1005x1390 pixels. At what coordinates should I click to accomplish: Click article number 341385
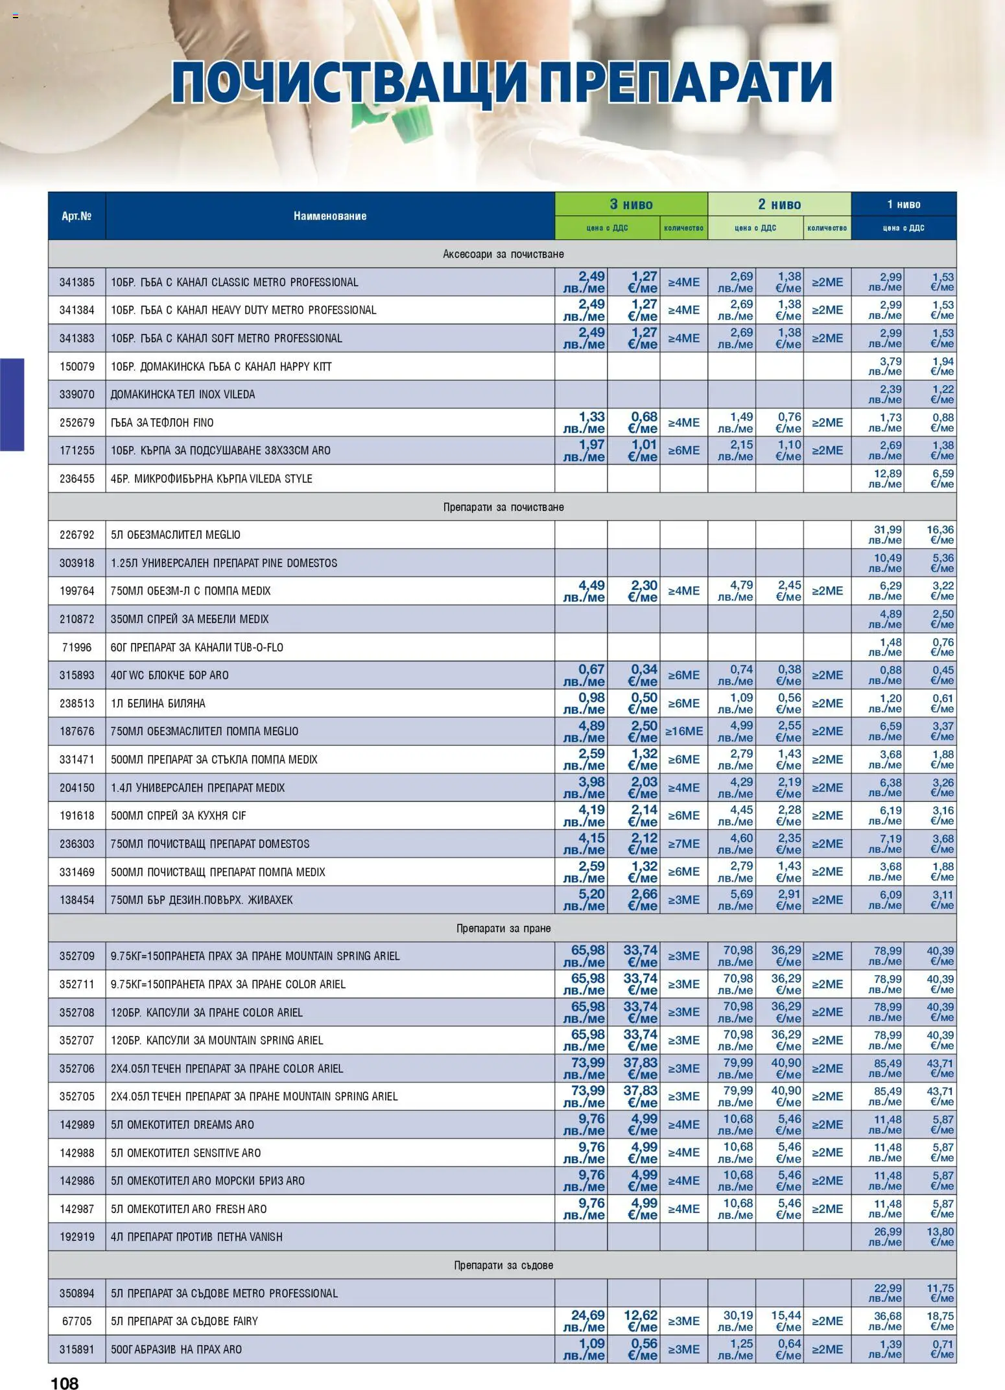coord(77,283)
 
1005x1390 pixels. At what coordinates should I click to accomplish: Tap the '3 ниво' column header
coord(631,204)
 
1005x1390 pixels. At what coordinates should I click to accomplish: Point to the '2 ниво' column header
coord(779,204)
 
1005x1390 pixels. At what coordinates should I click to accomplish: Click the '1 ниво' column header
coord(903,204)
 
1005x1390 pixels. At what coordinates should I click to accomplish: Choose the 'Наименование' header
coord(329,216)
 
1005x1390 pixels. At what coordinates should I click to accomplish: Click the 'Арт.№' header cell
coord(77,216)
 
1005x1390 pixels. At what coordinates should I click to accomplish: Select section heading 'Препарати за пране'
coord(503,928)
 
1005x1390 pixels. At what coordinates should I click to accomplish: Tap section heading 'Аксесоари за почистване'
coord(503,254)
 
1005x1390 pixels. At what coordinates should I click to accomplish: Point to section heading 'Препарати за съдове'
coord(503,1265)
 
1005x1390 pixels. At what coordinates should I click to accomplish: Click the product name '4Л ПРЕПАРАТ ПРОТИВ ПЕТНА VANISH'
coord(196,1237)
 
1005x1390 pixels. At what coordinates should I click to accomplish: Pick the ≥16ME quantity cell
coord(683,731)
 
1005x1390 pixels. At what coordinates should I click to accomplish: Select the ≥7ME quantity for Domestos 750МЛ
coord(683,844)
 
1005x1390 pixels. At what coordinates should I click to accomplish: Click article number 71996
coord(77,647)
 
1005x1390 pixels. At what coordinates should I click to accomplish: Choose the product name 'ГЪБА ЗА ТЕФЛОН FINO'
coord(162,423)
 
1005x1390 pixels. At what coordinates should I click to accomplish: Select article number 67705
coord(77,1321)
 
